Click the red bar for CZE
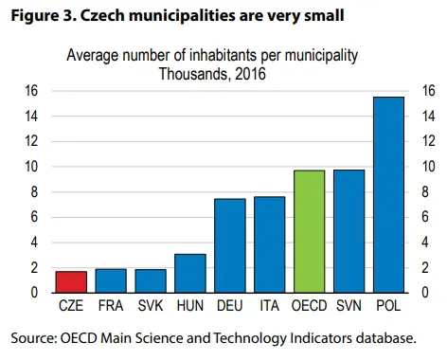pyautogui.click(x=71, y=281)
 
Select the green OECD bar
pyautogui.click(x=310, y=231)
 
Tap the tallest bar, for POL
pyautogui.click(x=388, y=195)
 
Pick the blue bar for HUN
pyautogui.click(x=190, y=273)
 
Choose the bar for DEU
pyautogui.click(x=230, y=245)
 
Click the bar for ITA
pyautogui.click(x=270, y=244)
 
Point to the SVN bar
pyautogui.click(x=349, y=231)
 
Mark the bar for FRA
pyautogui.click(x=111, y=280)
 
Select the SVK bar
pyautogui.click(x=151, y=281)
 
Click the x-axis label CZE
pyautogui.click(x=71, y=306)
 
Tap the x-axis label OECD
pyautogui.click(x=310, y=306)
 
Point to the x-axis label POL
pyautogui.click(x=388, y=306)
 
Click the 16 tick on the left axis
pyautogui.click(x=31, y=91)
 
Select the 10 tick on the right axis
pyautogui.click(x=429, y=167)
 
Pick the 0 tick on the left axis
pyautogui.click(x=34, y=293)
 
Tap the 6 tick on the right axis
pyautogui.click(x=425, y=217)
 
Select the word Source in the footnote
pyautogui.click(x=33, y=338)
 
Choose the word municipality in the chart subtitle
pyautogui.click(x=321, y=56)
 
